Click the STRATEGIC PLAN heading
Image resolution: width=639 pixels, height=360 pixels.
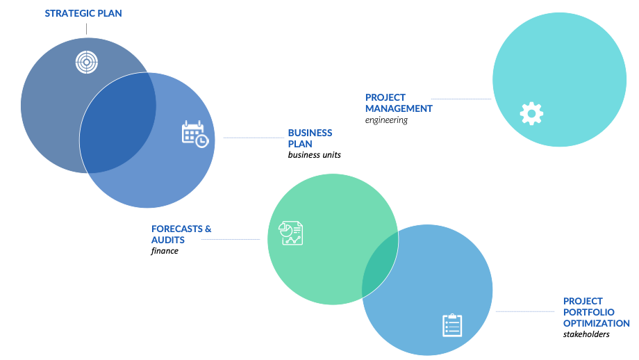coord(83,13)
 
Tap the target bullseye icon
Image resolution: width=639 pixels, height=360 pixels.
coord(87,63)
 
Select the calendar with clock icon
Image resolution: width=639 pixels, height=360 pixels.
coord(194,133)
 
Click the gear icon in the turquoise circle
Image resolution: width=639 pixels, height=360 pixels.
coord(531,113)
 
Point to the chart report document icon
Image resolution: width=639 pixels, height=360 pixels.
coord(290,234)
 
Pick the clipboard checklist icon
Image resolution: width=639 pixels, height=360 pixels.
coord(452,325)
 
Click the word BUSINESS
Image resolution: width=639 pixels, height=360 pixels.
coord(310,133)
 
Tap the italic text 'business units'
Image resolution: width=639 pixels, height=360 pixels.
coord(314,155)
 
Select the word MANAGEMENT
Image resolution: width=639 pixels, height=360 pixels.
coord(399,109)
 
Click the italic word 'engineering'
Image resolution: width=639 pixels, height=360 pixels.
coord(386,120)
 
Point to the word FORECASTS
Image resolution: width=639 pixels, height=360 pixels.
coord(177,229)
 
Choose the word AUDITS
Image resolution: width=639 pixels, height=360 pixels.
coord(168,240)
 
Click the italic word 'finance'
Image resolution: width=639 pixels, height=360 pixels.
coord(165,251)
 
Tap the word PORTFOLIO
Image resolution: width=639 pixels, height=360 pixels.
coord(589,312)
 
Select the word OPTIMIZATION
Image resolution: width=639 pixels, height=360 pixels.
coord(597,323)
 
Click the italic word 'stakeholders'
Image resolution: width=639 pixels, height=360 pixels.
coord(586,334)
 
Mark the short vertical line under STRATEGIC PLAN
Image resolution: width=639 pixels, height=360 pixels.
coord(86,29)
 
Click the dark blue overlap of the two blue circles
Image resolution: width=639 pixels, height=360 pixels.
coord(118,123)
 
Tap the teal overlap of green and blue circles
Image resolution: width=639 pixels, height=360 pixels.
coord(380,264)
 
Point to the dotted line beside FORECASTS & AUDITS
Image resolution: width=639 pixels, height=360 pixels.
coord(231,240)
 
